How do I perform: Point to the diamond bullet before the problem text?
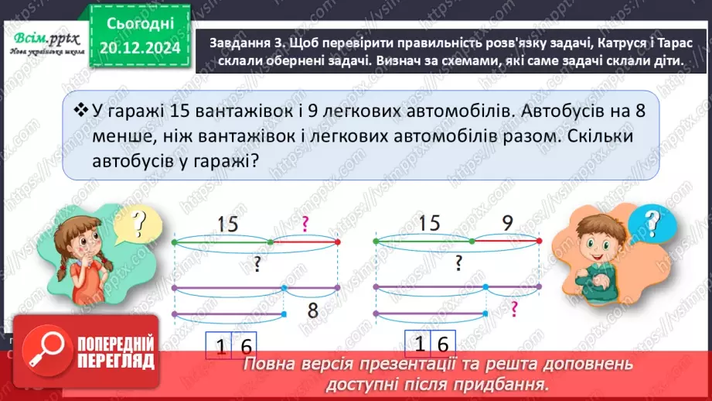click(x=78, y=112)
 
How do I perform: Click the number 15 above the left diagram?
click(x=228, y=224)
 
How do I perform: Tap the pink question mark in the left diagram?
click(x=305, y=224)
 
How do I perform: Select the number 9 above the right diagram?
click(x=507, y=224)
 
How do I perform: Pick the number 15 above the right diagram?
click(x=429, y=224)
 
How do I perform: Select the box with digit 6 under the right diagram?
click(x=444, y=344)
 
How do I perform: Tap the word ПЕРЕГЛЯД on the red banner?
click(x=111, y=361)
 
